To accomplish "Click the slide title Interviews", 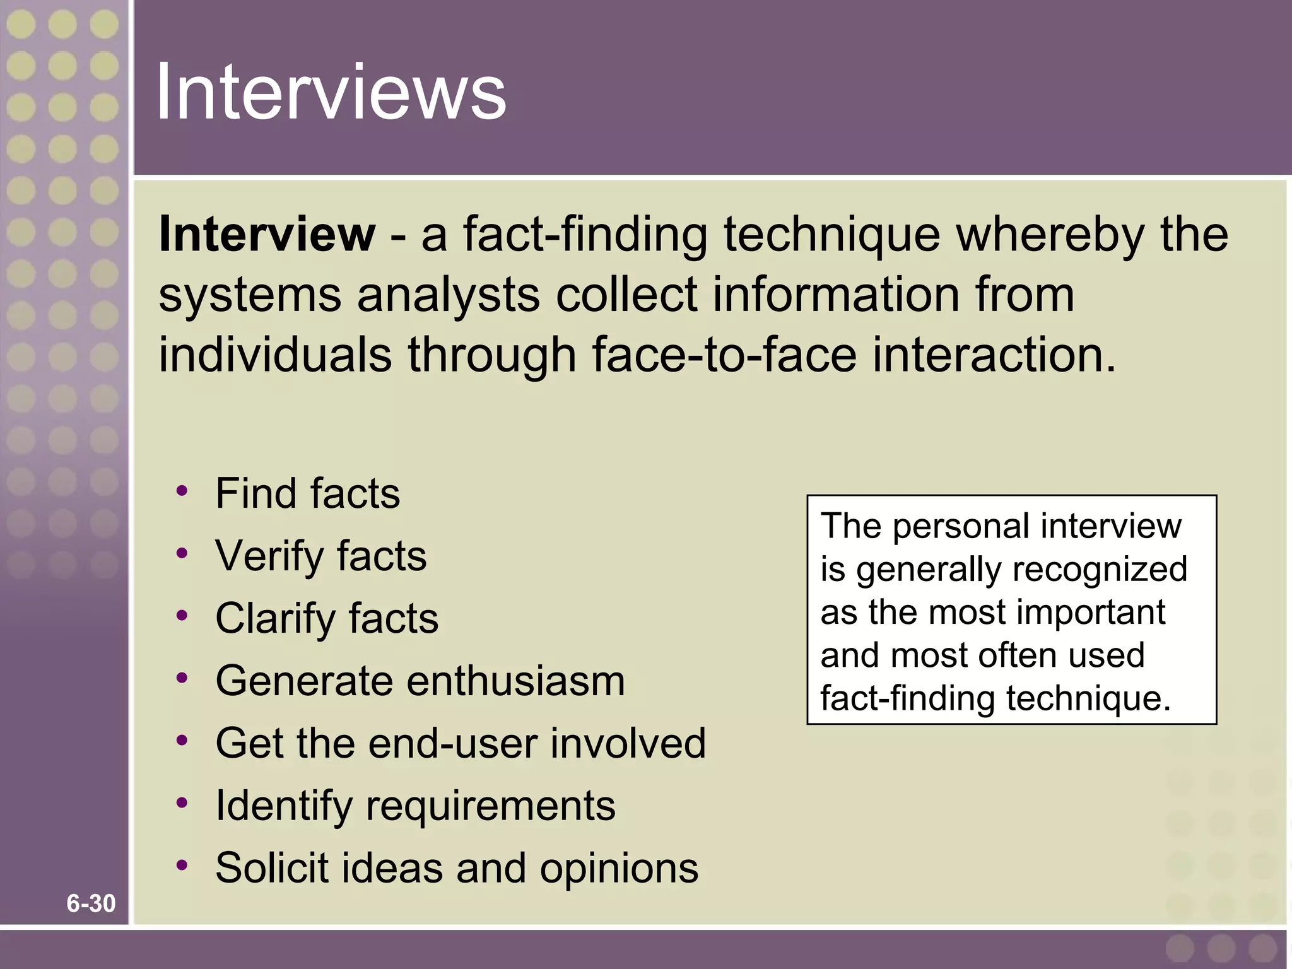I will coord(331,92).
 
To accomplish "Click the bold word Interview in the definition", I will coord(267,234).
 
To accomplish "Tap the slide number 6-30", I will coord(91,903).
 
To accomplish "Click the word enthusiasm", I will coord(515,681).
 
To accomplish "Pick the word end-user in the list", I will coord(452,743).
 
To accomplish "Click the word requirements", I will coord(490,806).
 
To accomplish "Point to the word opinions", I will coord(619,868).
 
